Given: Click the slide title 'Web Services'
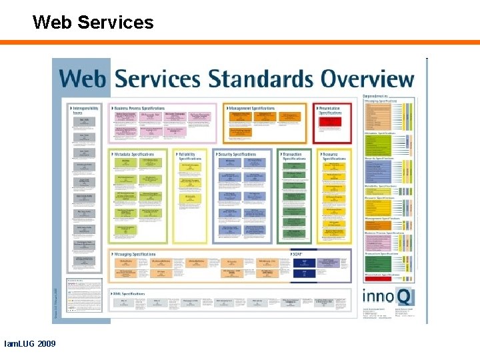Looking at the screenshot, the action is click(x=93, y=23).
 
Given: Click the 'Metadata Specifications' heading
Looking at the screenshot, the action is click(x=134, y=154).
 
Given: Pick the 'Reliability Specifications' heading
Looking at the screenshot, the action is click(x=191, y=156).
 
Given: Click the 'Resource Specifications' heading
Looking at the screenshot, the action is click(x=334, y=156).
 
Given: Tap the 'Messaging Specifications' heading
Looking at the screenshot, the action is click(x=134, y=254).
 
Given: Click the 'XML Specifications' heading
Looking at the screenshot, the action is click(x=129, y=293).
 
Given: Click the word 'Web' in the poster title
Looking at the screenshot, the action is click(x=84, y=78).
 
